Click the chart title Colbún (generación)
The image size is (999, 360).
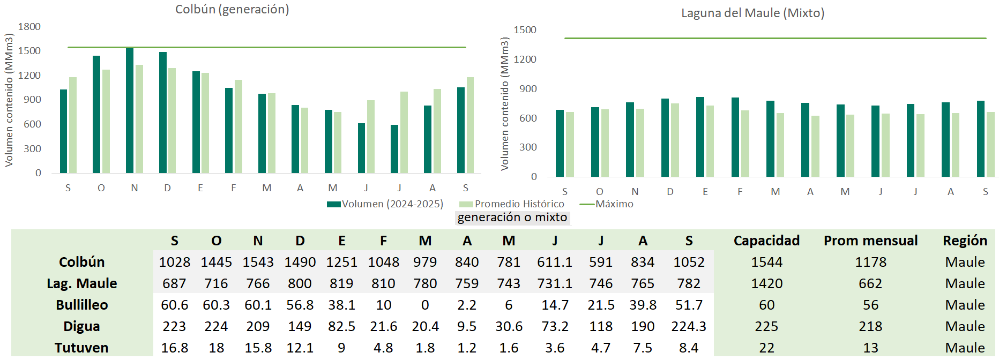click(232, 10)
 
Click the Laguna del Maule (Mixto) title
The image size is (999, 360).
click(752, 13)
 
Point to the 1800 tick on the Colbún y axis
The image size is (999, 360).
click(29, 27)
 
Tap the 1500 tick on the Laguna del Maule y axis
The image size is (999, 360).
click(525, 30)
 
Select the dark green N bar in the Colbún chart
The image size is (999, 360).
click(130, 110)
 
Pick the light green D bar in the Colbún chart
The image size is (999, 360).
click(172, 121)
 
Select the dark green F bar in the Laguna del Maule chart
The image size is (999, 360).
click(735, 137)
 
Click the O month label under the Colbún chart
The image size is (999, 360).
click(101, 188)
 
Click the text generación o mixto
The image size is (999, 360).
click(512, 217)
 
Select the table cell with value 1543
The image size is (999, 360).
click(258, 262)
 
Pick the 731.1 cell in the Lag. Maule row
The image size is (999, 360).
click(555, 283)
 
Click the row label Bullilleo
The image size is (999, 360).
click(82, 305)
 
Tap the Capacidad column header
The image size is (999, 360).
click(766, 241)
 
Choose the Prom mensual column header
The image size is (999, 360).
click(870, 241)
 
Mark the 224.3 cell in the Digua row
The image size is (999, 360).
click(689, 326)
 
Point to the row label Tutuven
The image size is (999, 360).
click(81, 348)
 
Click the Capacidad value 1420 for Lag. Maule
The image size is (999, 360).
click(766, 283)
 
